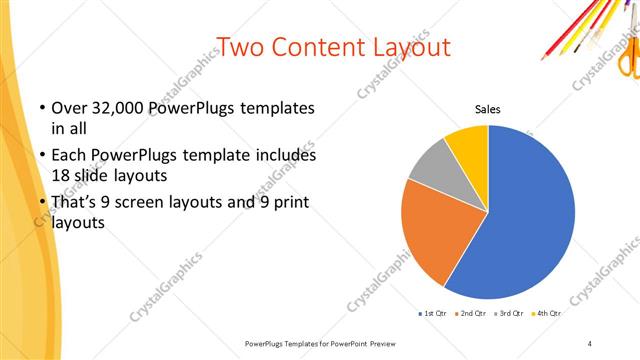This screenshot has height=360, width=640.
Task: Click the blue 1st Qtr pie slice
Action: click(530, 210)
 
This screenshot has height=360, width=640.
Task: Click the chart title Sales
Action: click(487, 110)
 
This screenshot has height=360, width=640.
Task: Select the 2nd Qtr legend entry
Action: click(471, 314)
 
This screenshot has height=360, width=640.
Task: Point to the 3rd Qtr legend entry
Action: click(510, 314)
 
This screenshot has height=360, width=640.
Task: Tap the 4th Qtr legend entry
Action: click(547, 314)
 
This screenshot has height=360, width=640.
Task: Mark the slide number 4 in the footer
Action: click(590, 343)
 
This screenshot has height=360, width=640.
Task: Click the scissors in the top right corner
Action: click(627, 55)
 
